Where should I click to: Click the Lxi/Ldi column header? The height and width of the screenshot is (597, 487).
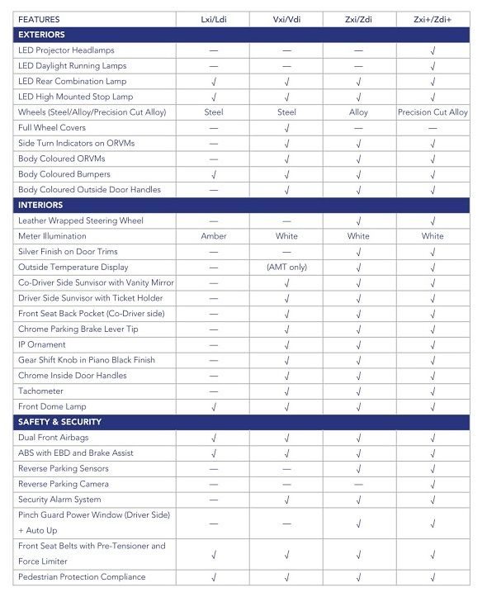coord(214,18)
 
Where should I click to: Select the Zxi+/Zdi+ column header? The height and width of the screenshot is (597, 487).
coord(432,18)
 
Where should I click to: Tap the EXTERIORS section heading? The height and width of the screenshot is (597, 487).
coord(40,35)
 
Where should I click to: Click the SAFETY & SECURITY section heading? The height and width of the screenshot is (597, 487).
coord(59,422)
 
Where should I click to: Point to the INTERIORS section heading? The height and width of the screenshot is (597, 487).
coord(40,205)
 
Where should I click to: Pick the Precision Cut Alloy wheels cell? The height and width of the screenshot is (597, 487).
coord(432,112)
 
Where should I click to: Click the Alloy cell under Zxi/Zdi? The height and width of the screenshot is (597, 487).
coord(359,112)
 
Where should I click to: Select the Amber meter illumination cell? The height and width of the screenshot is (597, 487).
coord(214,236)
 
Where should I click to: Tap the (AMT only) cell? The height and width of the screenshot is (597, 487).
coord(286,267)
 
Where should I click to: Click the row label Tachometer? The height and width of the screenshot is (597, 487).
coord(42,391)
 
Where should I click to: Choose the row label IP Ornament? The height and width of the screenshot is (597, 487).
coord(42,344)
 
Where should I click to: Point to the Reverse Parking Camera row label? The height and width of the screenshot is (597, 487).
coord(64,484)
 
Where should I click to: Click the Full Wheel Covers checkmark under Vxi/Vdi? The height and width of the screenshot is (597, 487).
coord(286,128)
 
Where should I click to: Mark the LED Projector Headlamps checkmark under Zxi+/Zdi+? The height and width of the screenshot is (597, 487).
coord(432,50)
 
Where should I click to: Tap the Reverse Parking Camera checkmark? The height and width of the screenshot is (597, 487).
coord(432,484)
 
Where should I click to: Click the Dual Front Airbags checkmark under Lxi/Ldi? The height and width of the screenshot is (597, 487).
coord(214,438)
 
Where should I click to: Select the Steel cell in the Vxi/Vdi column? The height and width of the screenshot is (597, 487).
coord(286,112)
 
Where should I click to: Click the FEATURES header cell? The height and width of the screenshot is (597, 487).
coord(39,18)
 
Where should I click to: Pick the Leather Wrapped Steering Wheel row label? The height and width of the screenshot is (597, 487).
coord(79,220)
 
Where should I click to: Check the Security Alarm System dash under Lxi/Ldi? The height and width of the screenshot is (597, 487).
coord(214,500)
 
